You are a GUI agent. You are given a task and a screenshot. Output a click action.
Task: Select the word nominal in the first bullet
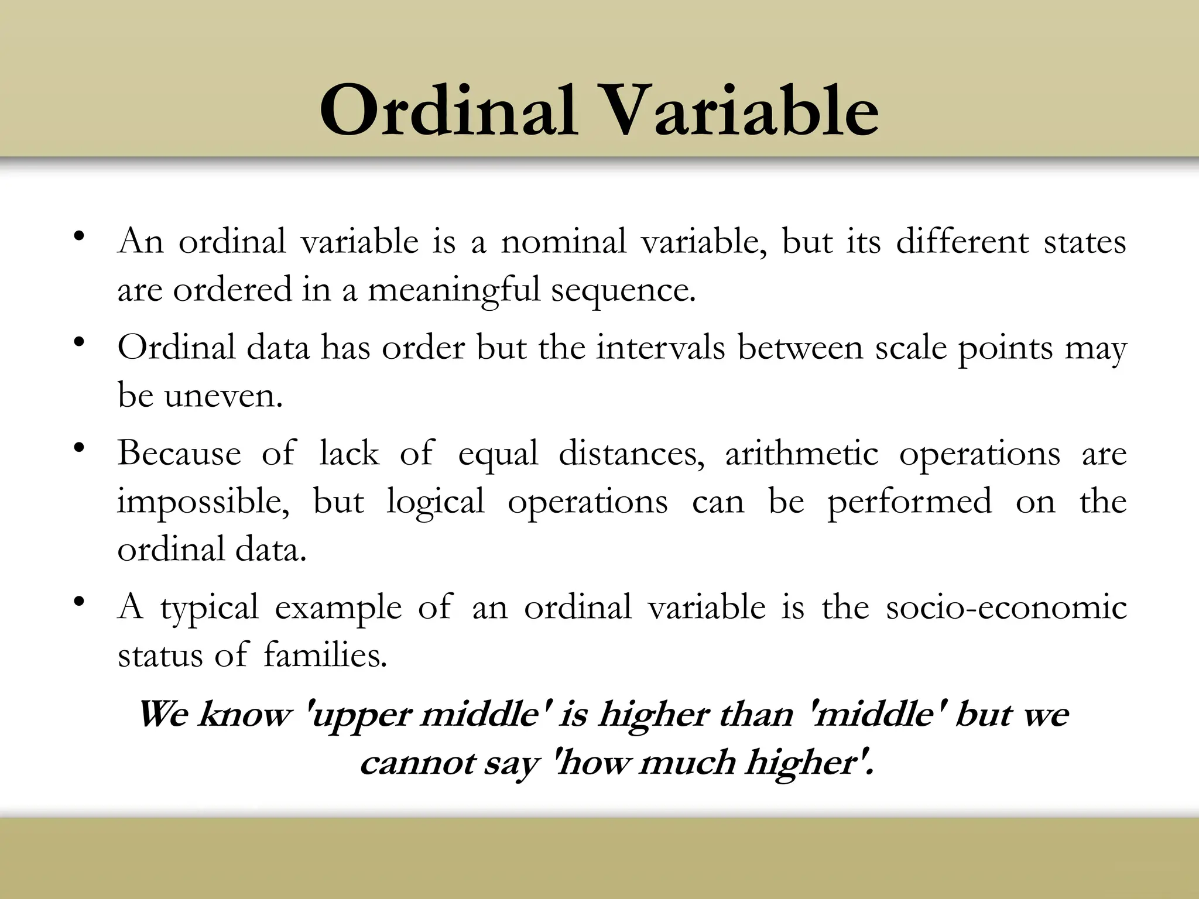(563, 241)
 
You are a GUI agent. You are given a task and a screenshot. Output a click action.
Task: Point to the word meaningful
(454, 290)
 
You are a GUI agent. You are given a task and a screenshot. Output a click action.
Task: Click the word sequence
(623, 290)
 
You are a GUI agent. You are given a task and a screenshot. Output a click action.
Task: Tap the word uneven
(223, 396)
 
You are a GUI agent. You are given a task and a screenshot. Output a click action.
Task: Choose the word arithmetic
(801, 454)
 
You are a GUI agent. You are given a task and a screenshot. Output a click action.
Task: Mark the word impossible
(203, 502)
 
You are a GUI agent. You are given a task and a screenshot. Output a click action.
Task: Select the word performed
(909, 502)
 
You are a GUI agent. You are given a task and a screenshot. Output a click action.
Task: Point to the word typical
(209, 608)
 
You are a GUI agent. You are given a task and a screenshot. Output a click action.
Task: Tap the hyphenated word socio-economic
(1006, 607)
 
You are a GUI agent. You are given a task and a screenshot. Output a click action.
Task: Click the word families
(325, 655)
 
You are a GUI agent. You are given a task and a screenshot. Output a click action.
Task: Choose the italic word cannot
(416, 763)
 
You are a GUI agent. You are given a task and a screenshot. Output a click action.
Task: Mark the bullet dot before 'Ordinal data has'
(80, 343)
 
